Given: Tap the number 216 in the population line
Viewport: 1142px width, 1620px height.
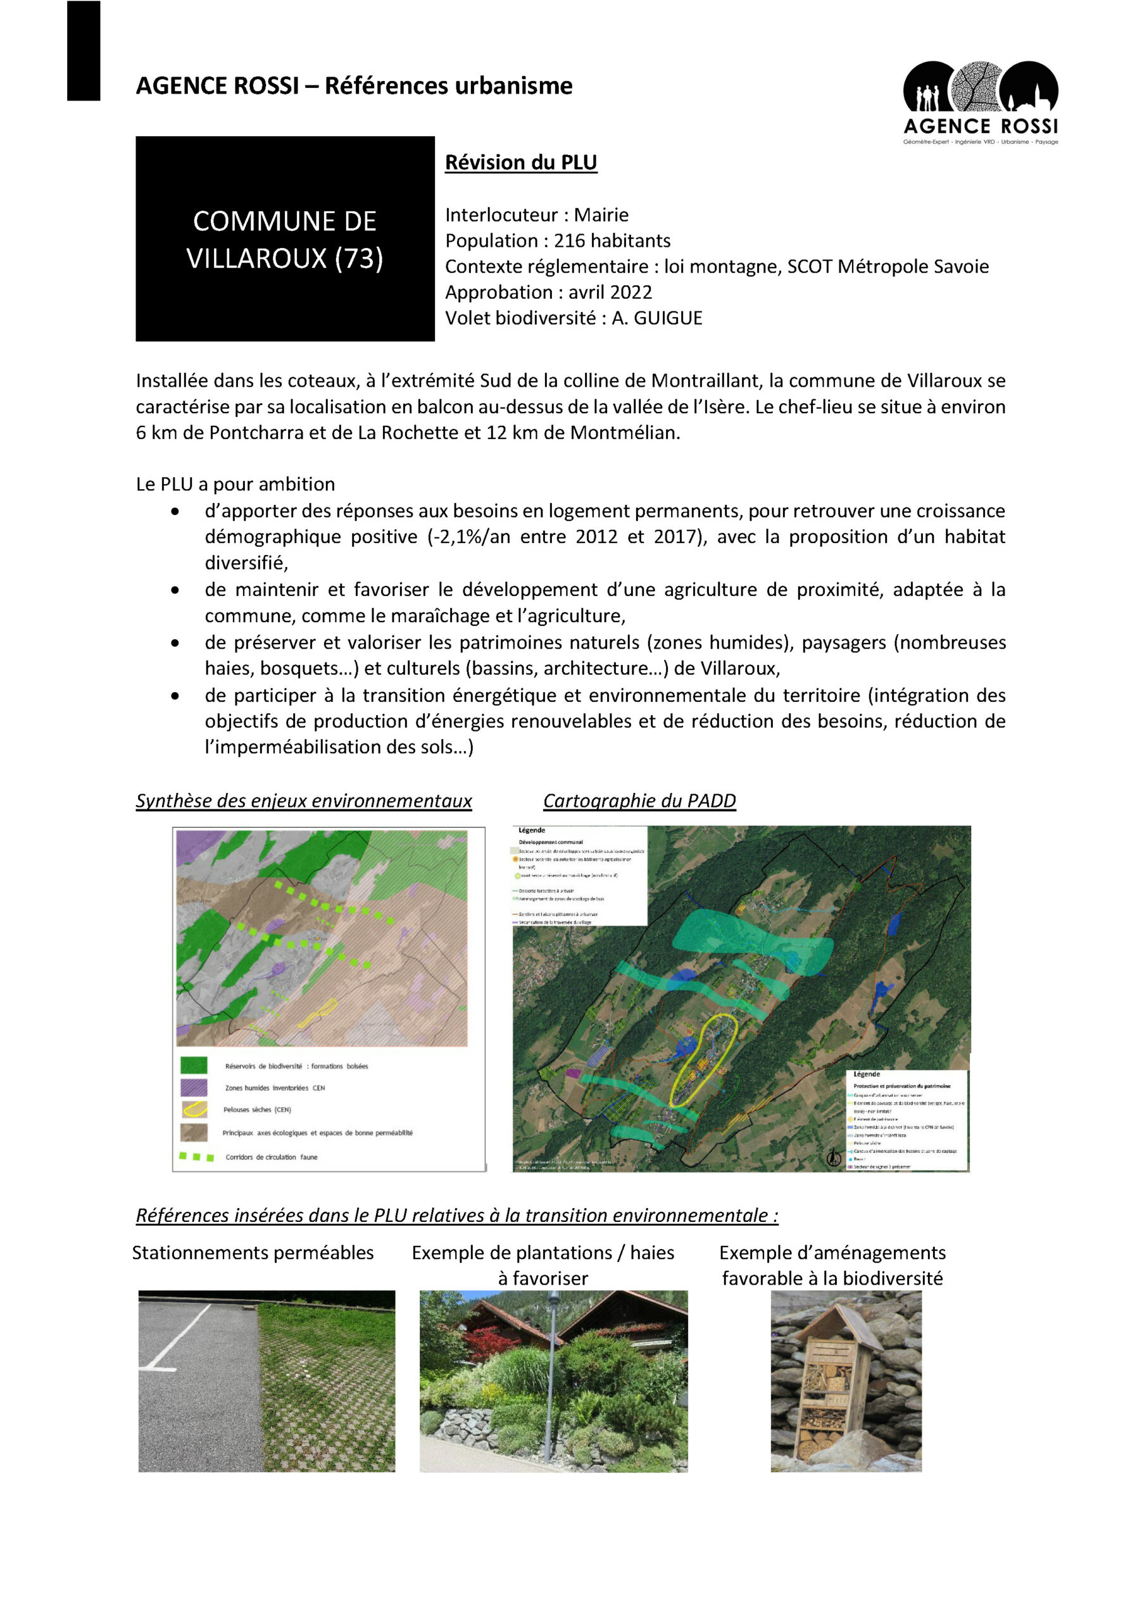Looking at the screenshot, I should tap(569, 240).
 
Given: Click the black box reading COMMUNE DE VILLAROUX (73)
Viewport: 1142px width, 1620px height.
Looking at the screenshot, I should tap(284, 239).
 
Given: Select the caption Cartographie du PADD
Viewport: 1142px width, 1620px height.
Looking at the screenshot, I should tap(639, 801).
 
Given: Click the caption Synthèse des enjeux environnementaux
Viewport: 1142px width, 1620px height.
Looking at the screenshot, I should tap(303, 801).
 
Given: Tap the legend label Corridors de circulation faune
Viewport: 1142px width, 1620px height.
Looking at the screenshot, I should tap(271, 1157).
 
